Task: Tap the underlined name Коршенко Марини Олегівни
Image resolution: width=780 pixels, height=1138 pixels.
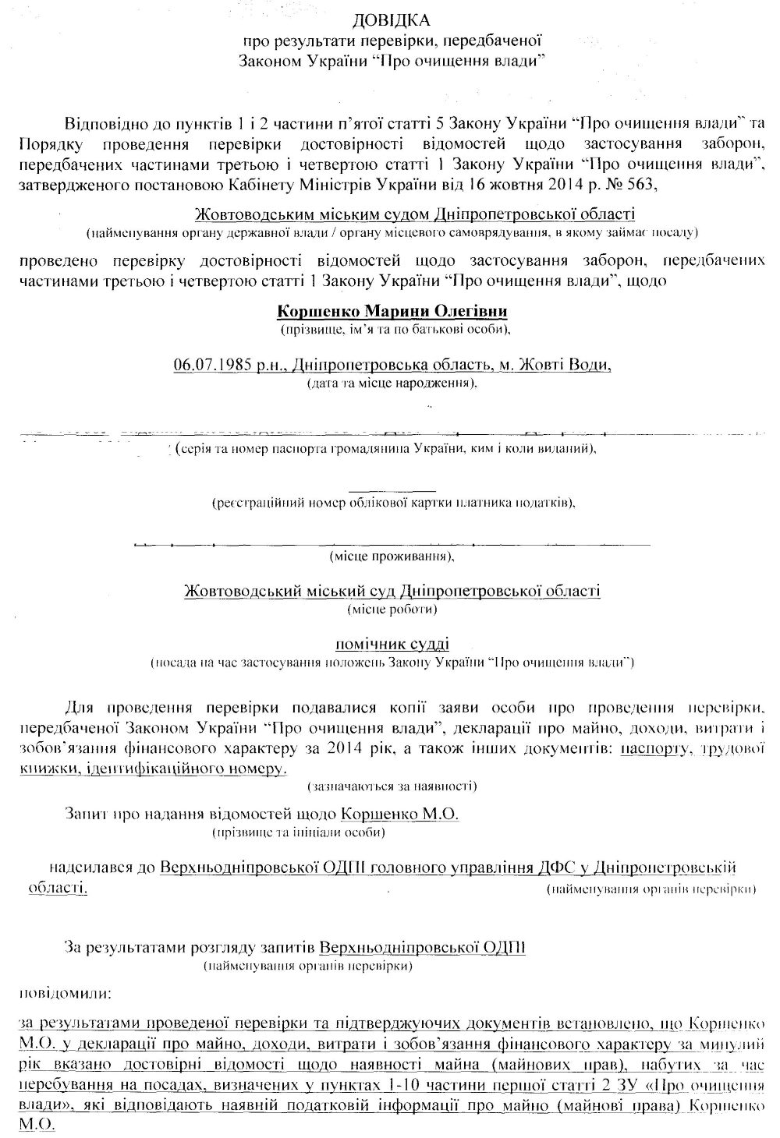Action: [x=392, y=312]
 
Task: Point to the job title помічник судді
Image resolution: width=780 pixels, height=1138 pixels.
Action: [x=392, y=644]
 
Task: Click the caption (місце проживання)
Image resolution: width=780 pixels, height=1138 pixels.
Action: [x=392, y=557]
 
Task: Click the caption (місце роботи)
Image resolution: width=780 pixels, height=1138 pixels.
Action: [x=392, y=608]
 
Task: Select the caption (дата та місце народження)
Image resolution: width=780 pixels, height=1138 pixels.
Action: [x=392, y=383]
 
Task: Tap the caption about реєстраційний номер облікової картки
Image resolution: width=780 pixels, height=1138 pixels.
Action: [x=394, y=503]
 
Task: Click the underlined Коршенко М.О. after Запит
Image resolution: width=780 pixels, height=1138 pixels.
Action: [x=400, y=814]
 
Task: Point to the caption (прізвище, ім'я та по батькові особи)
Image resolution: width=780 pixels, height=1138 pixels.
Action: [x=395, y=330]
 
